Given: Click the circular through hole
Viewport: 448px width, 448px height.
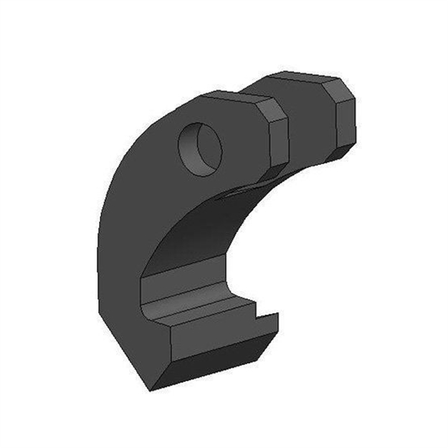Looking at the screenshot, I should [200, 148].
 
